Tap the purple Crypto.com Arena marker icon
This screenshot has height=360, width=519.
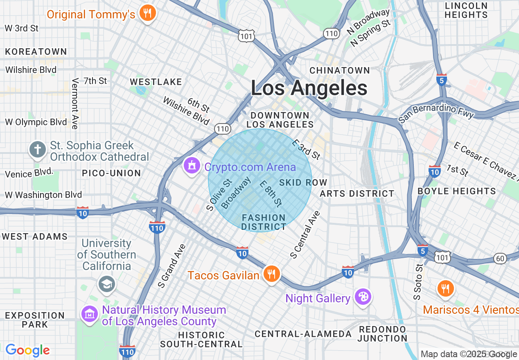click(191, 166)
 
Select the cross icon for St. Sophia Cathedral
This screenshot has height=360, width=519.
click(38, 150)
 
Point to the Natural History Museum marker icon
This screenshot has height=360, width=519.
click(90, 314)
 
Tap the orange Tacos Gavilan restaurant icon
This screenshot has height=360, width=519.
click(271, 274)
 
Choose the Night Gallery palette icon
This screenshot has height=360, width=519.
click(362, 297)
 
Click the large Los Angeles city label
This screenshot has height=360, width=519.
click(309, 88)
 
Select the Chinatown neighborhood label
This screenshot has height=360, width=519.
click(340, 70)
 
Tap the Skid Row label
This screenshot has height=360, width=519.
click(303, 182)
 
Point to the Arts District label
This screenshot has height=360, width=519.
click(357, 193)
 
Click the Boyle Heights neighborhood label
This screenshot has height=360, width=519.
click(457, 191)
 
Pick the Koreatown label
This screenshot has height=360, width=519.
click(36, 52)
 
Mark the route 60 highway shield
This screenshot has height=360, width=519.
click(500, 258)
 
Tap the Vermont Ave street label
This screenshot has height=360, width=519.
click(75, 104)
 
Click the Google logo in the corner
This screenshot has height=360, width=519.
click(27, 350)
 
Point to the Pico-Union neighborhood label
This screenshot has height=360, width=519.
click(111, 173)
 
